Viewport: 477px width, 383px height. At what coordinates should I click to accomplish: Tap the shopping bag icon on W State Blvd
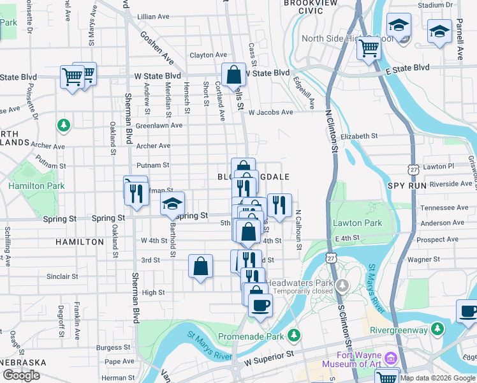pos(234,75)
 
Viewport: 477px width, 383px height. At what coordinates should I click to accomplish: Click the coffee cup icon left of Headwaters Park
pos(260,305)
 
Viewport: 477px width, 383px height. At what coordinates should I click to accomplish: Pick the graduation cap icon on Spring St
pos(172,204)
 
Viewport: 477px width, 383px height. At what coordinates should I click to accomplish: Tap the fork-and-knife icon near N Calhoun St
pos(279,205)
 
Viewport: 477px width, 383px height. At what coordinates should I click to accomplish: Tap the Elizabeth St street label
pos(360,136)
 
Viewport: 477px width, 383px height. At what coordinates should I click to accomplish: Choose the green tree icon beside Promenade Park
pos(293,334)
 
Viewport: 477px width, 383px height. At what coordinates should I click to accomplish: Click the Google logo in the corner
pos(22,375)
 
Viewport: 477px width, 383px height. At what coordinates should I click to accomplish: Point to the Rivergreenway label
pos(399,330)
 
